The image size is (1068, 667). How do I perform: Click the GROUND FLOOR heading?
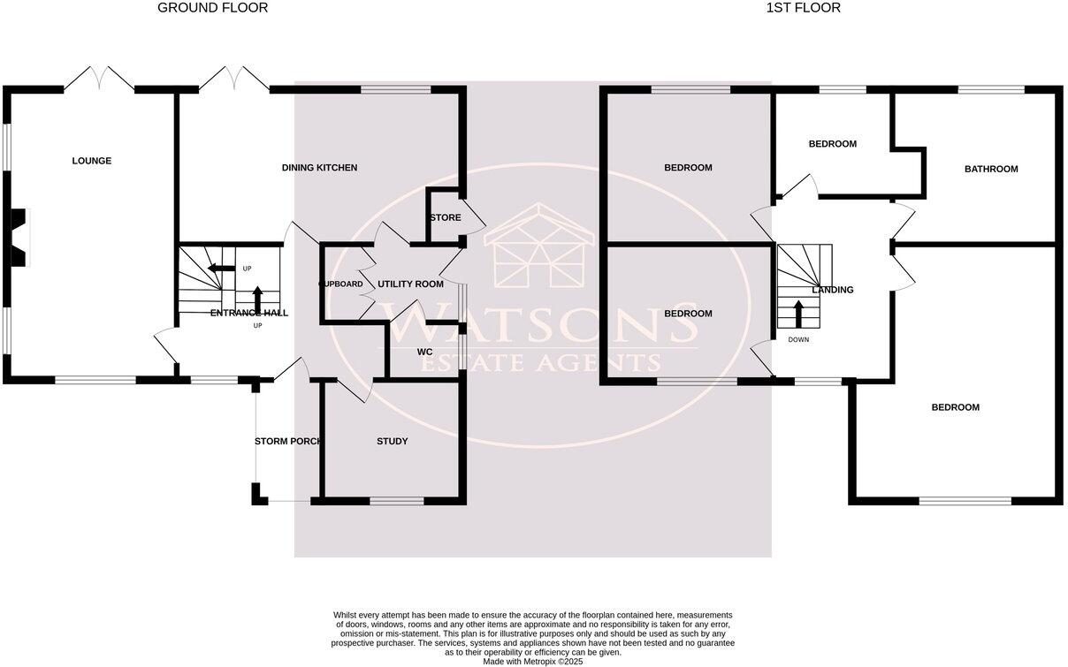coord(212,8)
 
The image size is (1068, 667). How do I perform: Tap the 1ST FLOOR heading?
coord(804,8)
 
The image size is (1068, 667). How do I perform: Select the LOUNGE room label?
coord(92,161)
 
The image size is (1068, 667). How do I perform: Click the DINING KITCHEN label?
coord(319,168)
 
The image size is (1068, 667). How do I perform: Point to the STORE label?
coord(445,217)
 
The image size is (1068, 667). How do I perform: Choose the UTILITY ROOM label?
coord(410,284)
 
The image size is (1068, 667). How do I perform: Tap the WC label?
coord(424,352)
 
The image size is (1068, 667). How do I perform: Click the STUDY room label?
coord(392,441)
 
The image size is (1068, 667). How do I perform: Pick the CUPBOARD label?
coord(340,284)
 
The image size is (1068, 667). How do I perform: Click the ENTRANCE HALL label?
coord(249,313)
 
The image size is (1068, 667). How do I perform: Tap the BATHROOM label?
coord(990,169)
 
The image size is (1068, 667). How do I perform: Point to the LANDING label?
coord(833,290)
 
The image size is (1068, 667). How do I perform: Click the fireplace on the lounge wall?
coord(19,237)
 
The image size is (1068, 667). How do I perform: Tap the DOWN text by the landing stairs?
coord(797,339)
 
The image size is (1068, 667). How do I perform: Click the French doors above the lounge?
coord(99,80)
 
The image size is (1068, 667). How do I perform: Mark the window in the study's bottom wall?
coord(396,501)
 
